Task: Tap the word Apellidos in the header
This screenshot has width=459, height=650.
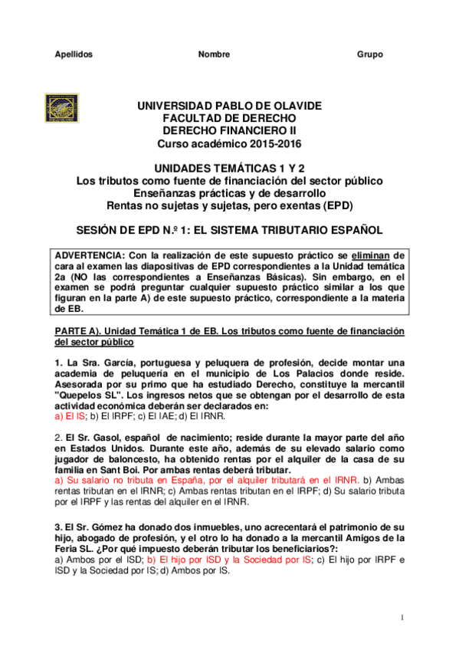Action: coord(74,54)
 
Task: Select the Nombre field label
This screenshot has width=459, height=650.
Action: coord(214,54)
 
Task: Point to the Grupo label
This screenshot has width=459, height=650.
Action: coord(370,54)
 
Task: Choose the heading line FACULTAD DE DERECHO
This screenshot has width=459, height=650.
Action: coord(229,118)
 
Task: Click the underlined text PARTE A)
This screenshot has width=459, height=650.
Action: coord(74,330)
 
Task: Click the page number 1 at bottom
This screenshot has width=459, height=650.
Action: coord(402,618)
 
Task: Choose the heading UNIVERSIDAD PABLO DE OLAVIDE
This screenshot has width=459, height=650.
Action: coord(229,106)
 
